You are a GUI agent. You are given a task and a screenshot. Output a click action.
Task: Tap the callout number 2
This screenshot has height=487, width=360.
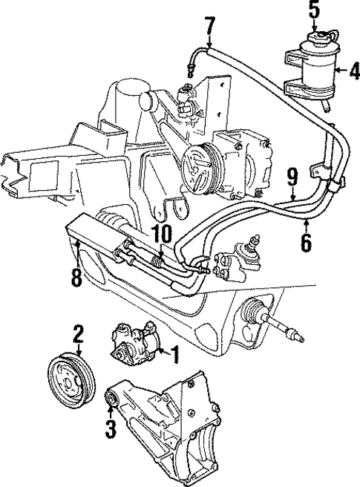tap(77, 335)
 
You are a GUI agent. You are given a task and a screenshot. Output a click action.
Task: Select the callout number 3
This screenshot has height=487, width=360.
tap(111, 428)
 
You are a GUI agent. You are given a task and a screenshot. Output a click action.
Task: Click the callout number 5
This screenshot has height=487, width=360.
tap(314, 10)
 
